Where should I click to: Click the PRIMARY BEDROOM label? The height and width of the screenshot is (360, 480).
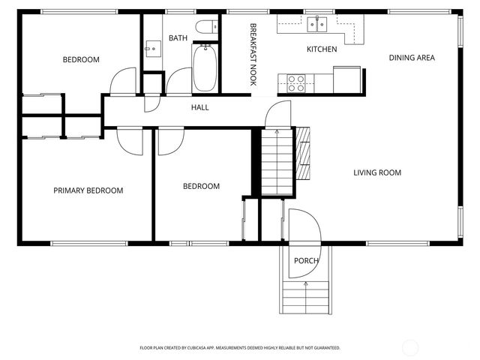88,190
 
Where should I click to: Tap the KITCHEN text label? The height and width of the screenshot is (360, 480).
322,49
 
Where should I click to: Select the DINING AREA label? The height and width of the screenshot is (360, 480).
411,58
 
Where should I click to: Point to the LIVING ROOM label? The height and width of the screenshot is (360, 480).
377,173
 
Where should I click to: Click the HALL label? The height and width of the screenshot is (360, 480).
200,108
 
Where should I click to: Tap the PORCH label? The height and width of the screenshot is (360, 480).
306,261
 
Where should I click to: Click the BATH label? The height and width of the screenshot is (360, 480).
178,38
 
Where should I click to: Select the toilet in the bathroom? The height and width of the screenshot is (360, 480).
203,28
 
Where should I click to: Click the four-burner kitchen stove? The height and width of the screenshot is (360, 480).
295,82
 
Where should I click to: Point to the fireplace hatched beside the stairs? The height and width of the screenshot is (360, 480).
303,151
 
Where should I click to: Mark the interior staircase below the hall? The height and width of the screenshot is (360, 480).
275,161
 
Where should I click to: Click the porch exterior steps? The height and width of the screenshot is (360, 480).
305,298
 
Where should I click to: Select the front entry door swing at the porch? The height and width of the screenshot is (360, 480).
304,224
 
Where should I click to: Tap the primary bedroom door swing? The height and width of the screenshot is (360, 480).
129,140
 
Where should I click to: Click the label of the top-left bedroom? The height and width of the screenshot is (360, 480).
81,60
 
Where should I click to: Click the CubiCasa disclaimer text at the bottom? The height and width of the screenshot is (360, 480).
240,348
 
